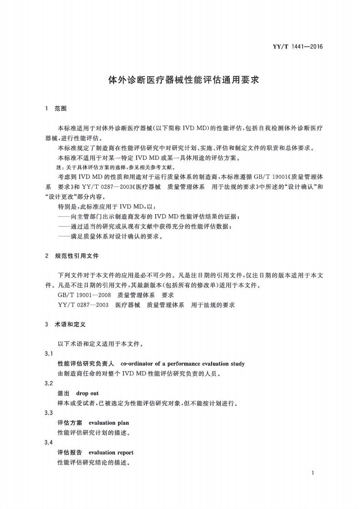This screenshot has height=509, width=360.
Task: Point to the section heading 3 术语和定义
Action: pos(66,325)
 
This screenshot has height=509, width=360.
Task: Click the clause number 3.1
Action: pos(49,353)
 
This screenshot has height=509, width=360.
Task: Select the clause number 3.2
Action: pos(49,383)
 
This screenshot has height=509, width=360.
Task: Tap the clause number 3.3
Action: pos(49,413)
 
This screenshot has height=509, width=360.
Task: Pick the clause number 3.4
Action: pos(49,442)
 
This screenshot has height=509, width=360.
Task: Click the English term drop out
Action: pos(87,393)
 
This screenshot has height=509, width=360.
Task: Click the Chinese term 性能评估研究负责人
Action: pos(86,363)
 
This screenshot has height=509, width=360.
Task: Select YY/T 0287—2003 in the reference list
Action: pos(83,305)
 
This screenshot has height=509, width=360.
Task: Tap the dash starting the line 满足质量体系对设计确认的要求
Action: pos(64,236)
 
